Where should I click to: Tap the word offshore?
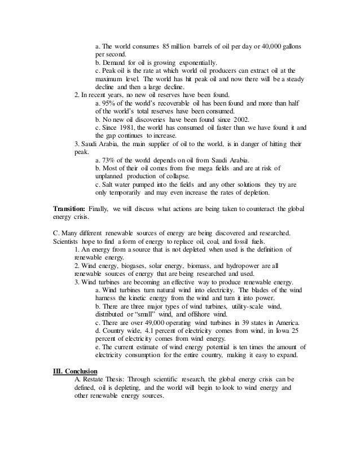195,314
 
